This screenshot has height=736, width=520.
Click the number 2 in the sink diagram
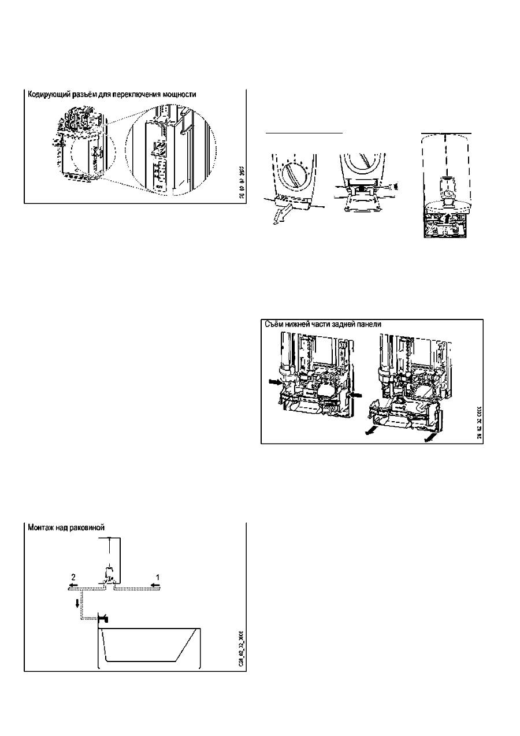click(x=73, y=576)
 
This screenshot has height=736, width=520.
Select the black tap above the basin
click(x=104, y=619)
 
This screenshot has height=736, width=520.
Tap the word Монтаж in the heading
click(x=43, y=527)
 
